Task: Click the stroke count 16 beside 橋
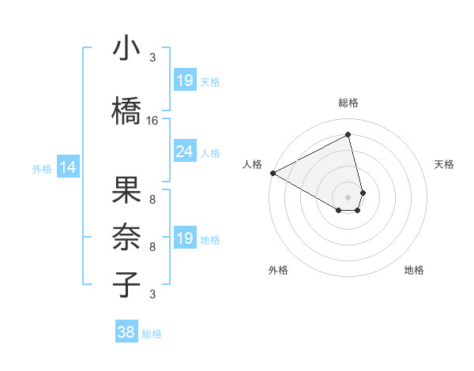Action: pyautogui.click(x=152, y=121)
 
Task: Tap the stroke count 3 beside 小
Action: pyautogui.click(x=152, y=57)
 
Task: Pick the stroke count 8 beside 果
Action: pyautogui.click(x=152, y=200)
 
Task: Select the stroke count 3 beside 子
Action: pyautogui.click(x=152, y=294)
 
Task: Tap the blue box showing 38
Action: pyautogui.click(x=126, y=332)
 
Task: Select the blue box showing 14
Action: pyautogui.click(x=68, y=167)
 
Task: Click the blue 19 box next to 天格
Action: pyautogui.click(x=184, y=80)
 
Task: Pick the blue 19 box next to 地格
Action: pyautogui.click(x=184, y=238)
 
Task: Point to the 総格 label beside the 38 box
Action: pyautogui.click(x=152, y=334)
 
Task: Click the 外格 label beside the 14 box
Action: pyautogui.click(x=42, y=168)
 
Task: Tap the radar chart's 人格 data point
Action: pyautogui.click(x=273, y=172)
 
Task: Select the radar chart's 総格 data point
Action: pyautogui.click(x=348, y=135)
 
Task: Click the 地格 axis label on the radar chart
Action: pyautogui.click(x=414, y=270)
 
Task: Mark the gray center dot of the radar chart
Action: pyautogui.click(x=348, y=196)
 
